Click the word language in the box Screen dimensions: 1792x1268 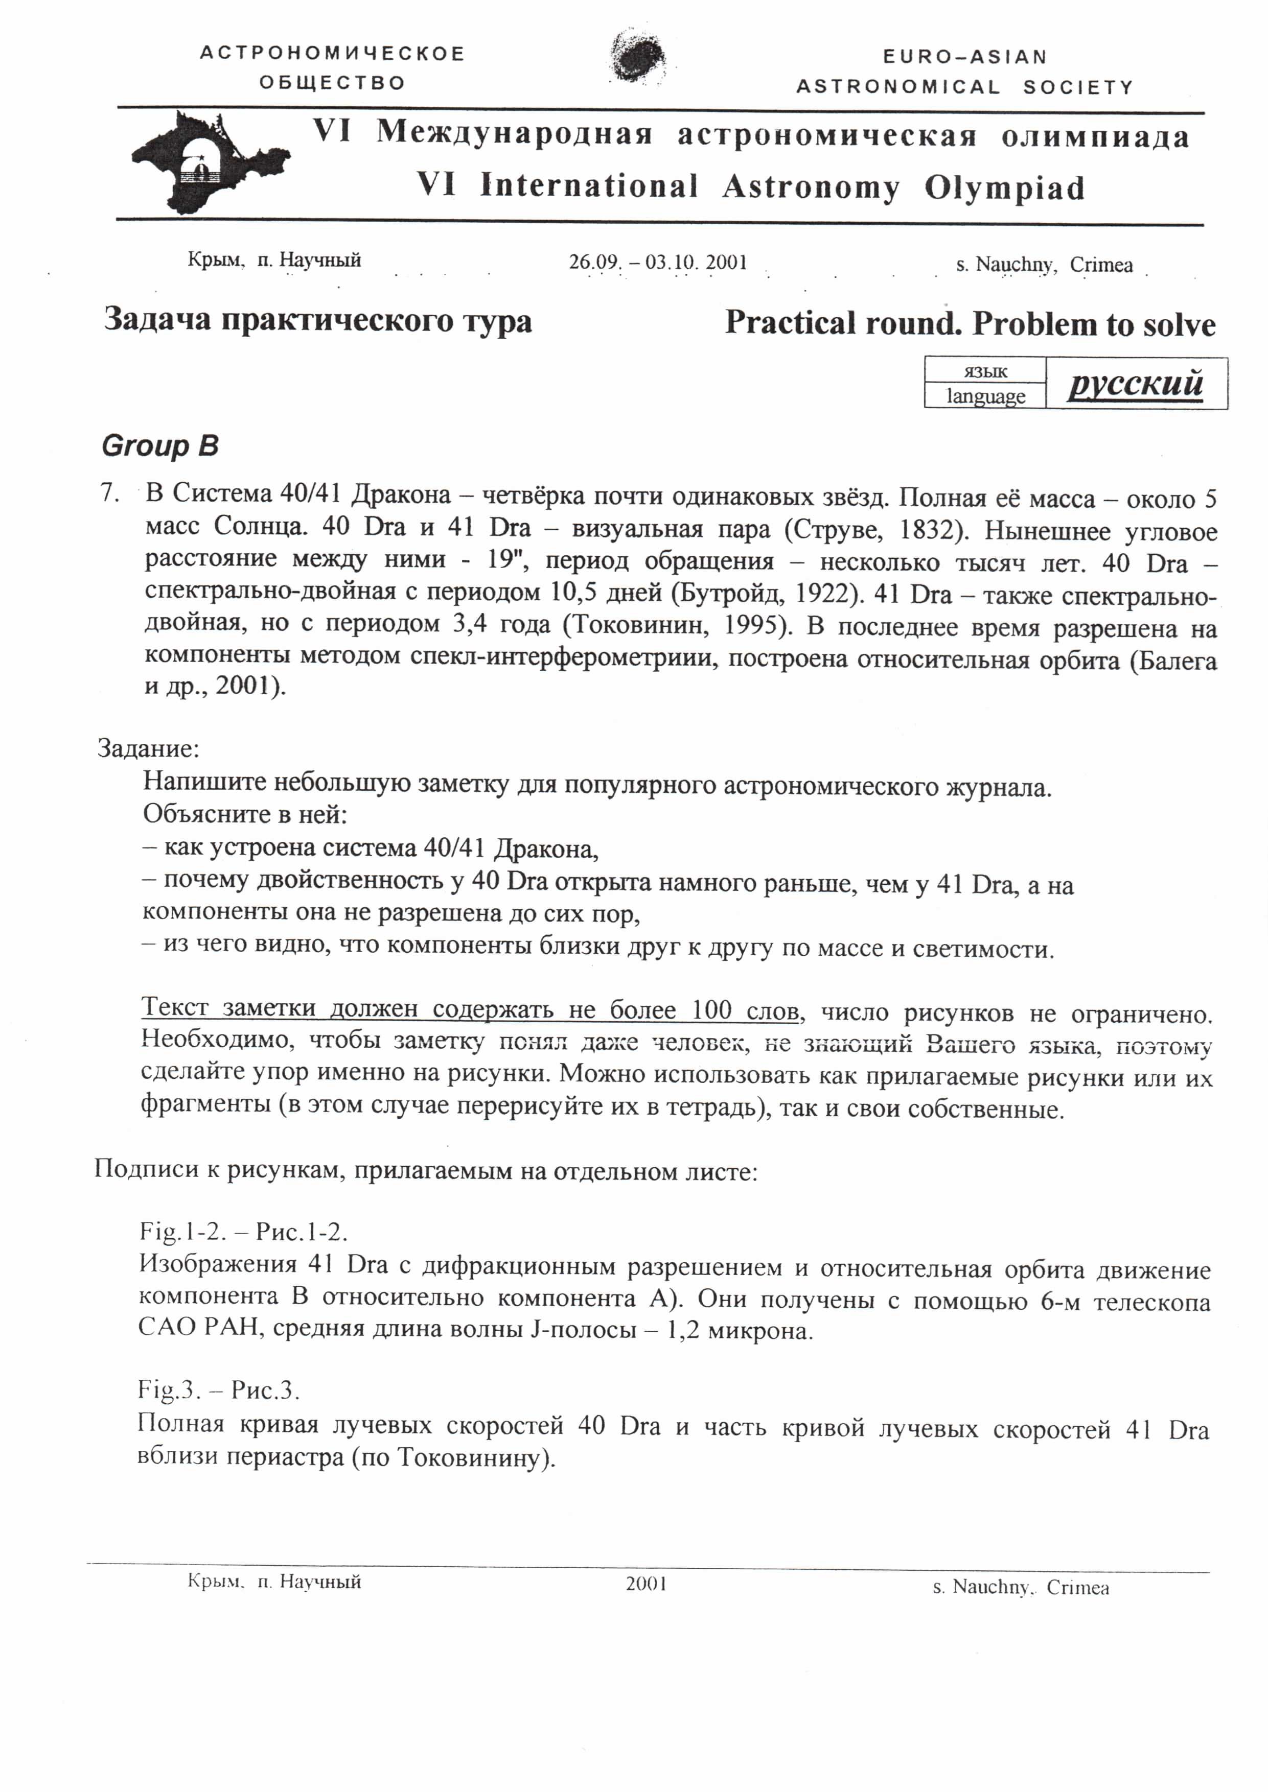(985, 396)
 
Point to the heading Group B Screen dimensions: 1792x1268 (160, 446)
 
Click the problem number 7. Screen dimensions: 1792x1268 (110, 494)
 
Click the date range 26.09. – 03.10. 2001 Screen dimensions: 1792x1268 (657, 262)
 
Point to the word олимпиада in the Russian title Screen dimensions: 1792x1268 (1095, 137)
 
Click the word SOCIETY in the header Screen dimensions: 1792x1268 (1077, 87)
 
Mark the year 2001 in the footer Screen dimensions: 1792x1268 (645, 1583)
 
